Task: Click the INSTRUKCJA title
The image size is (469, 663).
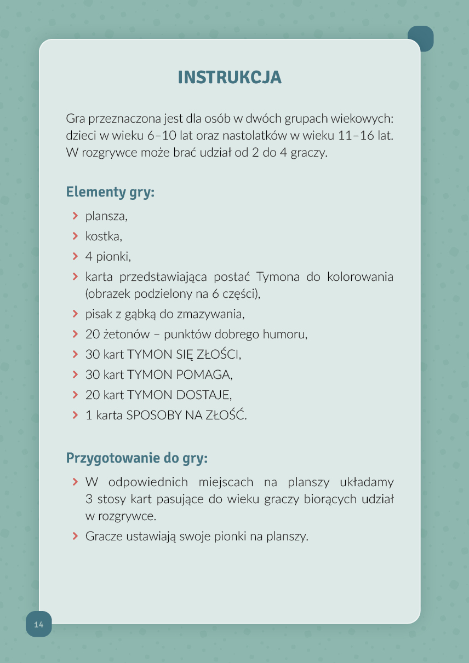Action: (230, 77)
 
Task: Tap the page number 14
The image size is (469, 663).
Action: (38, 625)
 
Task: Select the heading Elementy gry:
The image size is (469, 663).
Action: (110, 192)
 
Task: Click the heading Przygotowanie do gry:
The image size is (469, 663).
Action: (136, 458)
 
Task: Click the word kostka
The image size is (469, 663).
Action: (103, 237)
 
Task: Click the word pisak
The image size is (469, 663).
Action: (98, 314)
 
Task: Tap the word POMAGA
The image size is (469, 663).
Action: (203, 375)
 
